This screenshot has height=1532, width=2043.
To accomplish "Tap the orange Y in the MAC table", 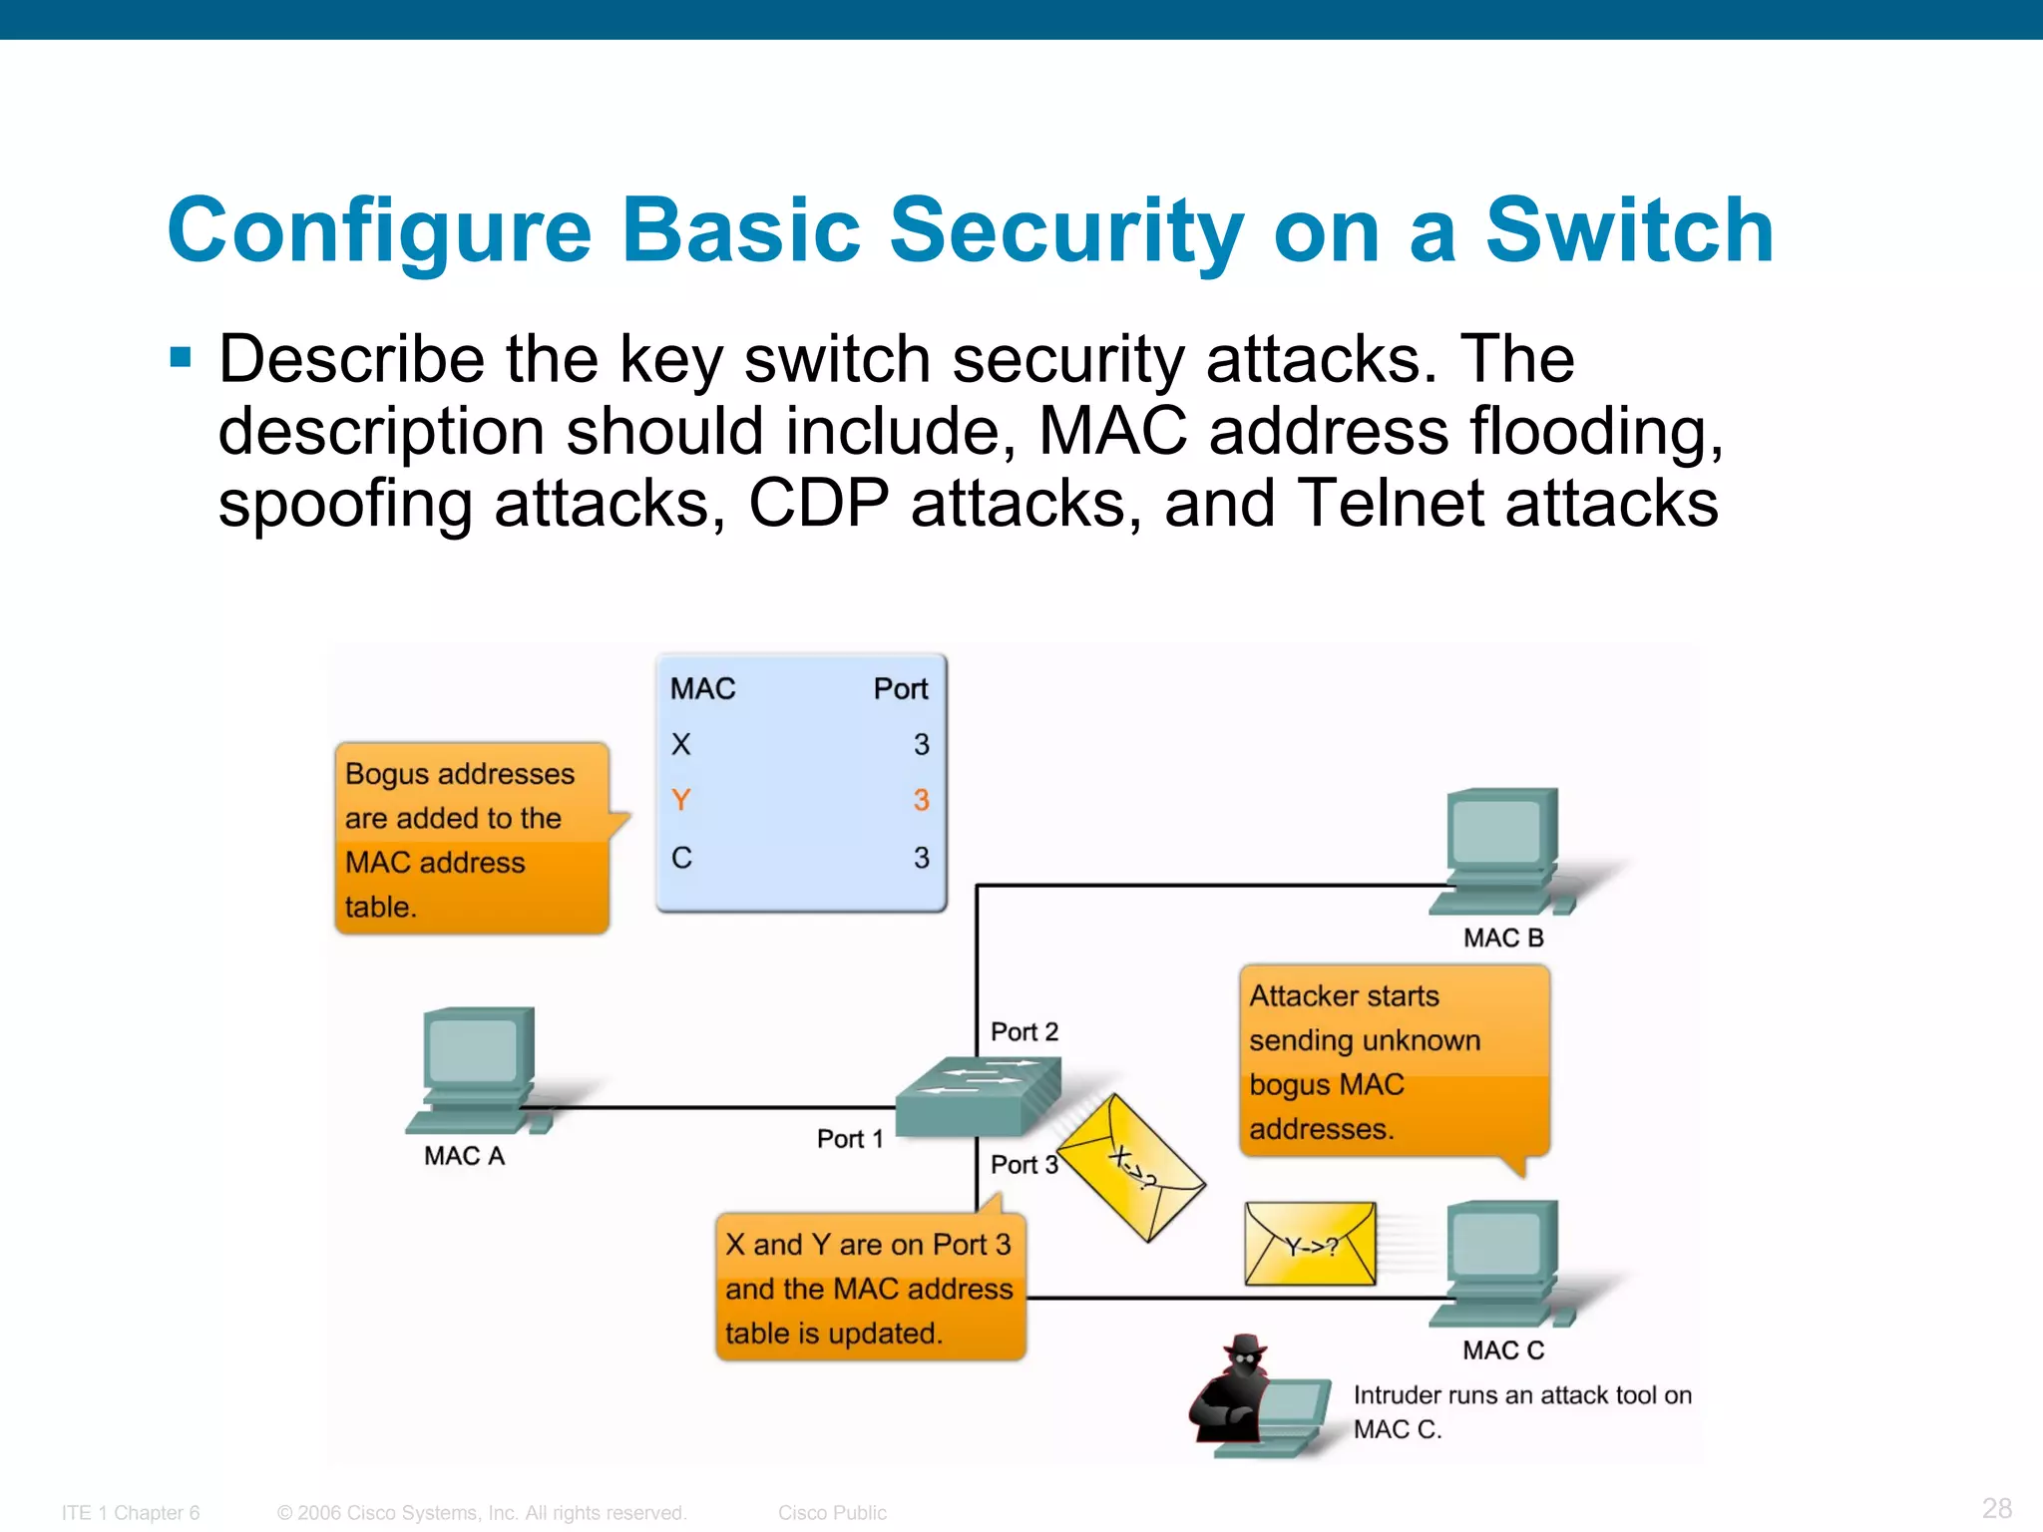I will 681,800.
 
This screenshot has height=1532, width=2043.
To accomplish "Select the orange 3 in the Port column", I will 921,800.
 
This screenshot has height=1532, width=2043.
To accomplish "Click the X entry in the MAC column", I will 681,744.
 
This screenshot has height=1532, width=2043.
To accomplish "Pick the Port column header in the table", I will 900,689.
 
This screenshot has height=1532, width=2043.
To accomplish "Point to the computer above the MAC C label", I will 1501,1262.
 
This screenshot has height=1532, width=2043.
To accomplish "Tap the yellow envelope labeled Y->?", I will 1310,1245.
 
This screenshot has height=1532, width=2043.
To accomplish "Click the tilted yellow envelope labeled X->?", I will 1132,1167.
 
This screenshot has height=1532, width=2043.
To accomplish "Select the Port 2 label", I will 1023,1032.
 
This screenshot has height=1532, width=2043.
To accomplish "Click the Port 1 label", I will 850,1139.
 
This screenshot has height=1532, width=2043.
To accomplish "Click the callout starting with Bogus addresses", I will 471,839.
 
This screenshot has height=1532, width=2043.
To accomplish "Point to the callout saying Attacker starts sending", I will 1394,1061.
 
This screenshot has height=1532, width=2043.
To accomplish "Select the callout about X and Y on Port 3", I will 870,1288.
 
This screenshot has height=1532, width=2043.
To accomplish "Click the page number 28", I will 1996,1508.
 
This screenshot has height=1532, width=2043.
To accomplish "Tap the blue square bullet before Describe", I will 181,357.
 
